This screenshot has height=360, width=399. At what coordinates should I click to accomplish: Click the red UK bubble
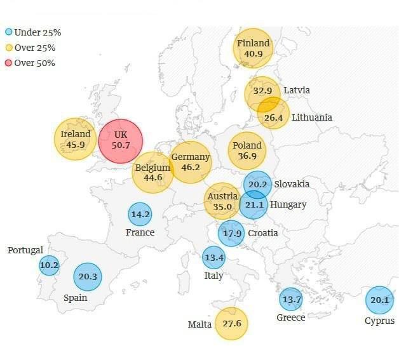point(121,140)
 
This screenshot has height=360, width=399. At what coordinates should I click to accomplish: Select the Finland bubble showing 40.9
point(254,48)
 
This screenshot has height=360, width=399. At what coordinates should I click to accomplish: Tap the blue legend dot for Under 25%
point(9,32)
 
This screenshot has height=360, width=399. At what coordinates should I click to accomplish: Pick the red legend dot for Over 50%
point(9,63)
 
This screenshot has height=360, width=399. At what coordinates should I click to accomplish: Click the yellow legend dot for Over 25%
point(9,48)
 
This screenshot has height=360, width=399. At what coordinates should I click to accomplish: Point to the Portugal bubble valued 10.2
point(49,265)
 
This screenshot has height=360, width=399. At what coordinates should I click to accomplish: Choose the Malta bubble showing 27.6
point(231,324)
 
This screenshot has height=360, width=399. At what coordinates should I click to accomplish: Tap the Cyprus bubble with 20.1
point(379,300)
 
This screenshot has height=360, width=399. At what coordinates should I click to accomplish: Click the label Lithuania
point(311,117)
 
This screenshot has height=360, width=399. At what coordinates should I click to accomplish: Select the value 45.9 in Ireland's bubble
point(76,145)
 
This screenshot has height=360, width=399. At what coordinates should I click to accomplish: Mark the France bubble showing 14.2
point(140,215)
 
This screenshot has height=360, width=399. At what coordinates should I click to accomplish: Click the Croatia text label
point(262,233)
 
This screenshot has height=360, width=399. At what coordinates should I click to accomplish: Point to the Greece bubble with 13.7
point(291,299)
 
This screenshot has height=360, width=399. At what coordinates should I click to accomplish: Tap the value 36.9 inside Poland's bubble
point(247,156)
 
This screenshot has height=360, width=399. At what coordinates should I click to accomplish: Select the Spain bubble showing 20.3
point(88,276)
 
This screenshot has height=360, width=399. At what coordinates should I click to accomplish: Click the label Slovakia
point(292,184)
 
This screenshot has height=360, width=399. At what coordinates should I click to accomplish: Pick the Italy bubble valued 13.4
point(213,257)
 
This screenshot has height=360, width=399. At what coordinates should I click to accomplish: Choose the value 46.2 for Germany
point(191,168)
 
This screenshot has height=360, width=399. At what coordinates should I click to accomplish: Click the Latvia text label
point(297,90)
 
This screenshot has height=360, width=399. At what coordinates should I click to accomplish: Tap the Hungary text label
point(288,204)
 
